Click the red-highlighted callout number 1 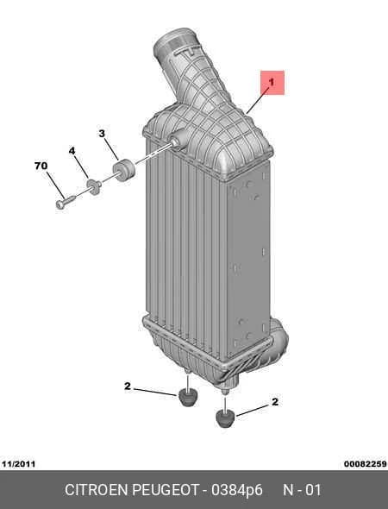(x=272, y=83)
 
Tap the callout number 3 (x=102, y=134)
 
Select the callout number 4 (x=72, y=151)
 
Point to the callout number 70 (x=41, y=166)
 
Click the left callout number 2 (x=128, y=386)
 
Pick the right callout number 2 (x=275, y=402)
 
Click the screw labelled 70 (x=66, y=202)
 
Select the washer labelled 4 (x=94, y=186)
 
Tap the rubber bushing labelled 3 (x=123, y=170)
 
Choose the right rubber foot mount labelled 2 (x=225, y=418)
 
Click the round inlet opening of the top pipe (x=172, y=41)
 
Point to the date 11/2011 (x=18, y=464)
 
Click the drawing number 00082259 (x=366, y=464)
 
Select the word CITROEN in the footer (x=97, y=490)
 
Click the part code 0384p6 (x=237, y=490)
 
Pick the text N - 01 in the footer (x=302, y=490)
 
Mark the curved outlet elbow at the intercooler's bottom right (x=277, y=344)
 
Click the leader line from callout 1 (x=258, y=100)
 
